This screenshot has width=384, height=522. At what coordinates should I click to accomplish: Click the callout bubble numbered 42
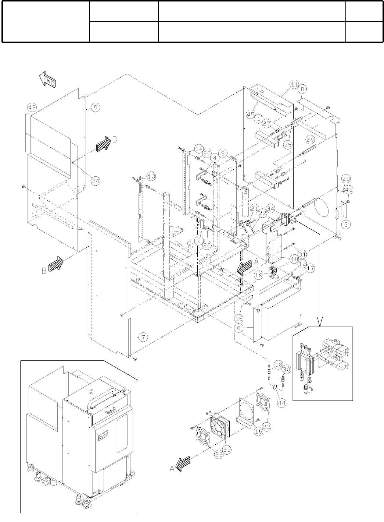32,108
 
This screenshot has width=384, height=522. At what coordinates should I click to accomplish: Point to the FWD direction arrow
47,79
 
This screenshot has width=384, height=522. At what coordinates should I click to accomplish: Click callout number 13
151,177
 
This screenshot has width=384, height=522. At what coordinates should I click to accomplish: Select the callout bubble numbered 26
310,140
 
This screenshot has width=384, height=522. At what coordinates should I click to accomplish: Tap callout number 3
346,224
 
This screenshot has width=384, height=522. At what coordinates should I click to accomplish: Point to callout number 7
143,336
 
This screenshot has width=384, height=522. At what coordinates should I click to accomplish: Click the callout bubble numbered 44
281,403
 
